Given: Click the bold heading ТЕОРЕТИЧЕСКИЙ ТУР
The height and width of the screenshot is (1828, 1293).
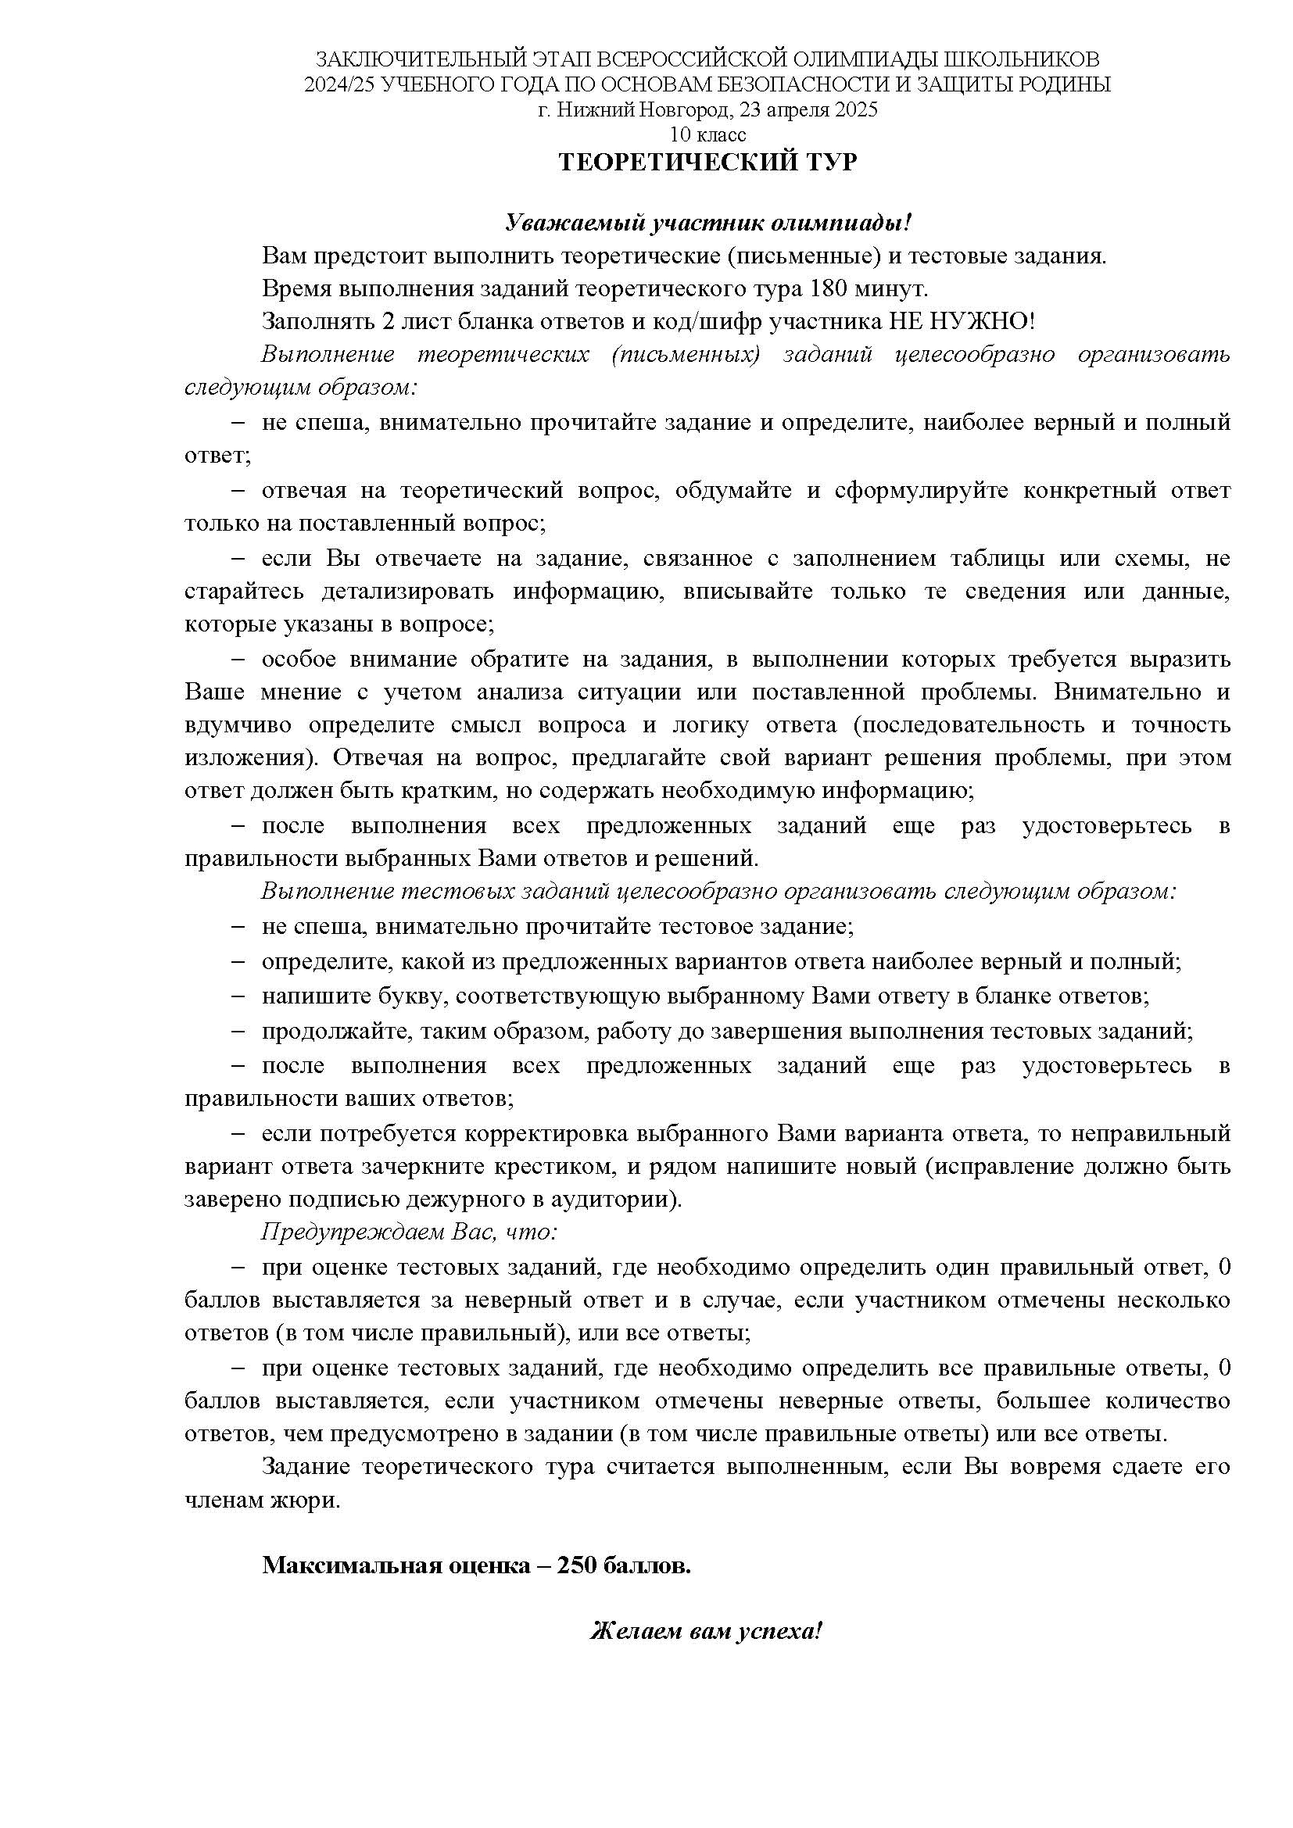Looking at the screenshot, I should pyautogui.click(x=707, y=163).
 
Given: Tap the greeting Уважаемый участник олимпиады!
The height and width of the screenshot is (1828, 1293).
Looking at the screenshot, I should pyautogui.click(x=707, y=224).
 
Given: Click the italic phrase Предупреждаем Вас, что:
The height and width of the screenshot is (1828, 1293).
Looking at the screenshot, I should pyautogui.click(x=409, y=1232).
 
